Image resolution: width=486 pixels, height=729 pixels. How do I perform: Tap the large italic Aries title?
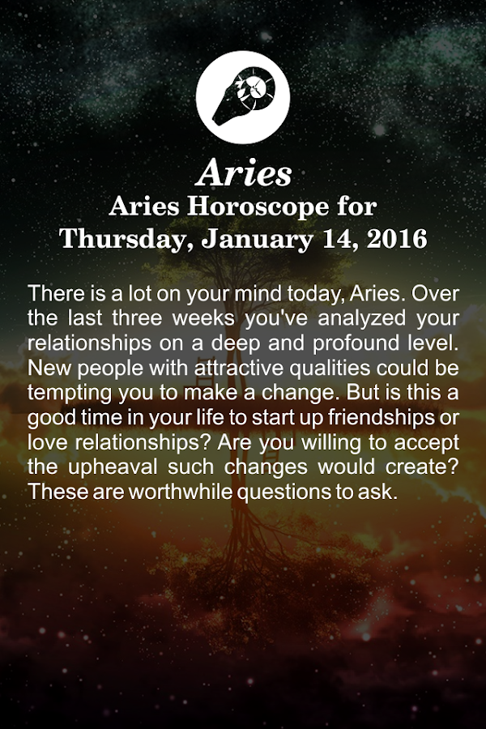pyautogui.click(x=243, y=173)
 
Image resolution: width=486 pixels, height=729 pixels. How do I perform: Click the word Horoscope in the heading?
pyautogui.click(x=258, y=207)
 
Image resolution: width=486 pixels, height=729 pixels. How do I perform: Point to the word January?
pyautogui.click(x=258, y=240)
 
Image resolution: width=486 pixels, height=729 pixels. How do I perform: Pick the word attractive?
pyautogui.click(x=239, y=369)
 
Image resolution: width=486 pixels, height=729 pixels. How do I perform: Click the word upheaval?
pyautogui.click(x=113, y=467)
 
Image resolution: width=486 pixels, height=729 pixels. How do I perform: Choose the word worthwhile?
pyautogui.click(x=181, y=492)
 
